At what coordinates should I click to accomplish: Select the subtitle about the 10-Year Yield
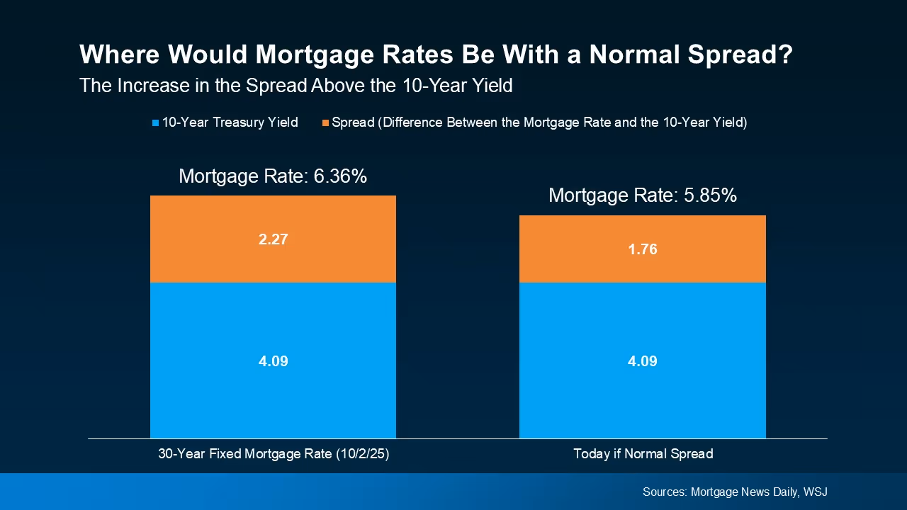(x=295, y=86)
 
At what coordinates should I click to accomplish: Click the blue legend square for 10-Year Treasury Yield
(x=156, y=123)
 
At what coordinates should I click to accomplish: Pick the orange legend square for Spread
(x=326, y=123)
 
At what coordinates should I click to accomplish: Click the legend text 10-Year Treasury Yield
(x=230, y=123)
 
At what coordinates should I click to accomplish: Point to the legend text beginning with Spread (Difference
(x=539, y=123)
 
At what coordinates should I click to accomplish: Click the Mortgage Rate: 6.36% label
(x=273, y=176)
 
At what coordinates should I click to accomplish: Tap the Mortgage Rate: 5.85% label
(x=643, y=195)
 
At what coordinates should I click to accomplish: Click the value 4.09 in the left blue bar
(x=273, y=361)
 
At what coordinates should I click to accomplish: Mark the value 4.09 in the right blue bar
(x=643, y=361)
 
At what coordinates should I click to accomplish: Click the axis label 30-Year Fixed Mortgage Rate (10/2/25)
(x=274, y=454)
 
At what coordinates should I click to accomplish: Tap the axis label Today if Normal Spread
(x=643, y=454)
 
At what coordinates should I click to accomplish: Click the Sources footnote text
(x=735, y=492)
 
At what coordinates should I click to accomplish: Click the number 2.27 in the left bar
(x=273, y=239)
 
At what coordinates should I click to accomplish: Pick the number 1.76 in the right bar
(x=643, y=249)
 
